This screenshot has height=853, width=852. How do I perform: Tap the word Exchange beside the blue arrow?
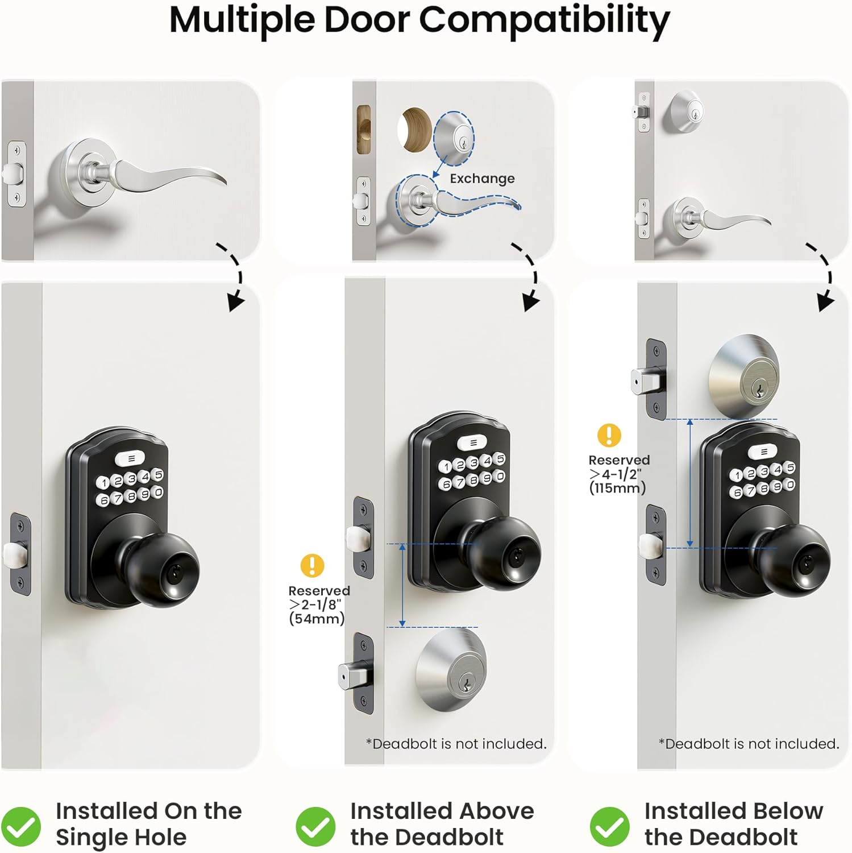tap(482, 179)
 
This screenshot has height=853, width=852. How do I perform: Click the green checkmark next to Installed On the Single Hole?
tap(20, 826)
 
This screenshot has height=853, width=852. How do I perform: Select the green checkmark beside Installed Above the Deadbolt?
tap(315, 826)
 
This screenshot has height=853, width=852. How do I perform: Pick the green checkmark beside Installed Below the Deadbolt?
tap(609, 826)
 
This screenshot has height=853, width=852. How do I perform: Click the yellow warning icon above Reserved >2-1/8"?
tap(312, 566)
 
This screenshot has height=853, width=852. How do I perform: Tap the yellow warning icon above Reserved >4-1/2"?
tap(609, 435)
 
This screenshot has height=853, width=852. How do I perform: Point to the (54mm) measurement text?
tap(317, 619)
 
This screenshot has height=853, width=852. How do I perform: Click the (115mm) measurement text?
tap(617, 488)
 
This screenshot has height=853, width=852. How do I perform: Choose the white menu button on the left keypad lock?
tap(131, 458)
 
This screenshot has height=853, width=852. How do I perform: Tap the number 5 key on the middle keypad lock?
tap(500, 458)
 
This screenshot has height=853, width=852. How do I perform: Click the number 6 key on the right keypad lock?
tap(737, 492)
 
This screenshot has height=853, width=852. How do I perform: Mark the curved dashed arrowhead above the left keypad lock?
tap(235, 301)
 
